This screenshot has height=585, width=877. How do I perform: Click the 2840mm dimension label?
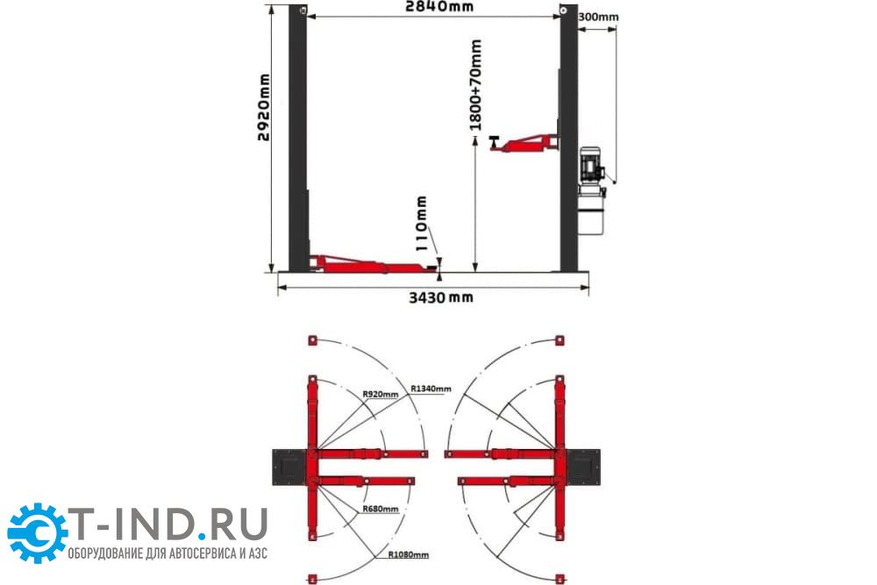tap(439, 6)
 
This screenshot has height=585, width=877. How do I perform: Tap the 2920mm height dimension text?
tap(263, 107)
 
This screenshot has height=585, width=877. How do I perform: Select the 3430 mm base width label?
tap(441, 297)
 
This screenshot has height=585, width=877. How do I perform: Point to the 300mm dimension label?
tap(598, 17)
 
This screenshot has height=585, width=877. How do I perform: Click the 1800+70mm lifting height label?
tap(475, 85)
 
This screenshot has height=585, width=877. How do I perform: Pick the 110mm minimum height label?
tap(423, 223)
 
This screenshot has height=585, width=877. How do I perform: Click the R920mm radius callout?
tap(381, 394)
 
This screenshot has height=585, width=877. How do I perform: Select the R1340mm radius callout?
tap(431, 389)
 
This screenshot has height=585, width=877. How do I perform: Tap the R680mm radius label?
tap(381, 509)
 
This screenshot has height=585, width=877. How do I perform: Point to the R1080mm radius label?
tap(409, 555)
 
